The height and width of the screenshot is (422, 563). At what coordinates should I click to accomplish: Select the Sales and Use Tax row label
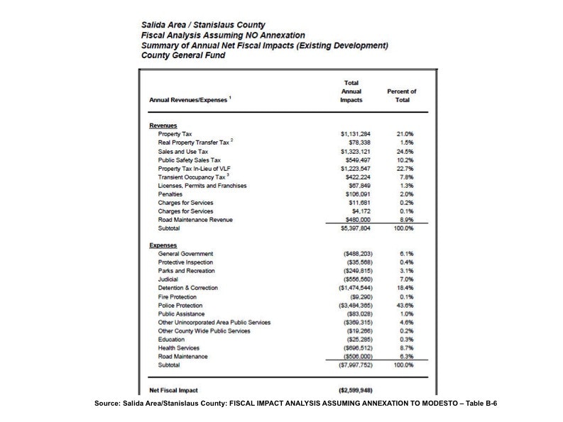(183, 151)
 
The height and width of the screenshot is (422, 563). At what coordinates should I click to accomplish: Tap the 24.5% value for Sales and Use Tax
(405, 151)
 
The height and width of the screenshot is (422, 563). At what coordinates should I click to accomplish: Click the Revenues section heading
(163, 126)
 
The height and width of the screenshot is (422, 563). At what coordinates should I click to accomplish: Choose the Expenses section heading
(163, 245)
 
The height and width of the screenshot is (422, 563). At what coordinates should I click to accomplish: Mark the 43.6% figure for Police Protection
(405, 305)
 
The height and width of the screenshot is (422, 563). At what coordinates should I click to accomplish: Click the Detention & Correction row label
(188, 288)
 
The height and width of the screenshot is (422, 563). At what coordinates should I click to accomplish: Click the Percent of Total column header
(402, 96)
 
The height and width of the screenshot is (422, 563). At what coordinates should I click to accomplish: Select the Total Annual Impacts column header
(351, 91)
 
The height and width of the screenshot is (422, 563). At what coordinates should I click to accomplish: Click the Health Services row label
(183, 348)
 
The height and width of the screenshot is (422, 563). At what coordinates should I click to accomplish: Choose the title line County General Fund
(183, 55)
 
